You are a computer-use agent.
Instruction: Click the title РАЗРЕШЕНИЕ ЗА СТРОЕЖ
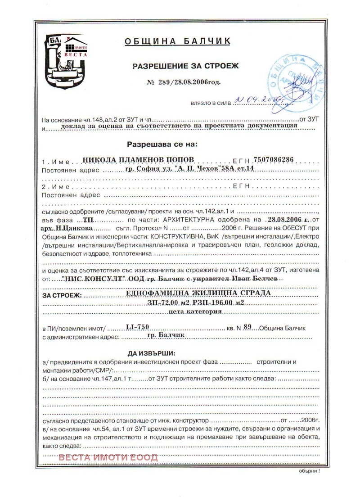click(x=185, y=66)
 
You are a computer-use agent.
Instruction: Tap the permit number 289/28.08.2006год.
click(x=184, y=82)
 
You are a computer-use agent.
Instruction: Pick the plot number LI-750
click(x=138, y=328)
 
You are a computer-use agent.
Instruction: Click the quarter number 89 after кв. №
click(x=246, y=327)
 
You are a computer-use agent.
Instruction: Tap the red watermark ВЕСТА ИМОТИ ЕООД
click(x=108, y=457)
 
